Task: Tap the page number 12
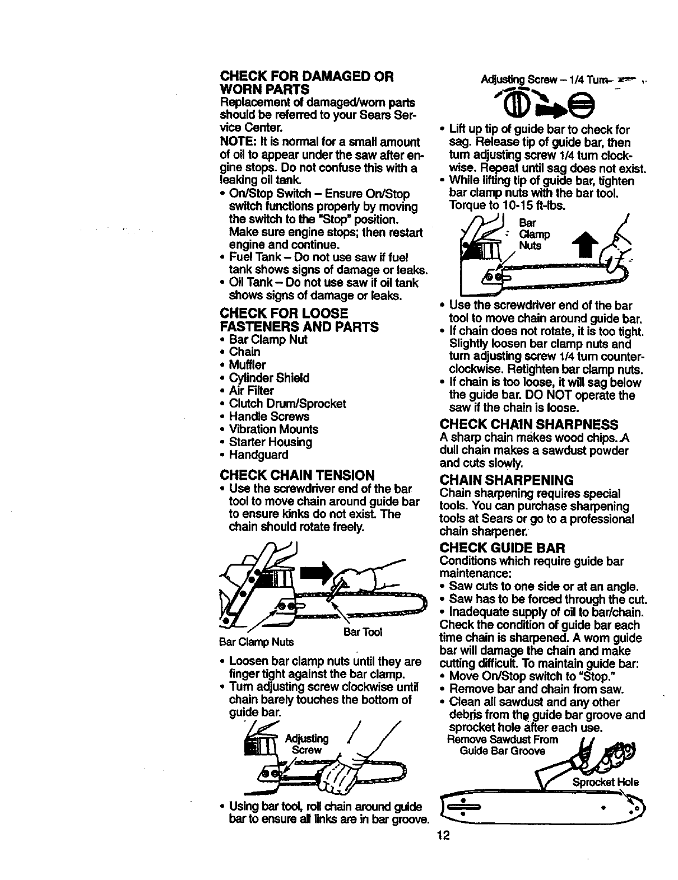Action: [445, 835]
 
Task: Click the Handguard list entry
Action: [258, 455]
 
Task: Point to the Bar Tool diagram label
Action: [362, 632]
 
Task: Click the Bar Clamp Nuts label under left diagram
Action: [257, 641]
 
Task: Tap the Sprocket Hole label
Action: [606, 782]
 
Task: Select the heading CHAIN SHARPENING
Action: [507, 480]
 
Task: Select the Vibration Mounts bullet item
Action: [273, 429]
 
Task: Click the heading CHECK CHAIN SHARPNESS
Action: [530, 424]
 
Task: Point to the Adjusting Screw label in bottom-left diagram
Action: [307, 743]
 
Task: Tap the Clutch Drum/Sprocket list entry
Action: [287, 404]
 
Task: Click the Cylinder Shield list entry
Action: [269, 378]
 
